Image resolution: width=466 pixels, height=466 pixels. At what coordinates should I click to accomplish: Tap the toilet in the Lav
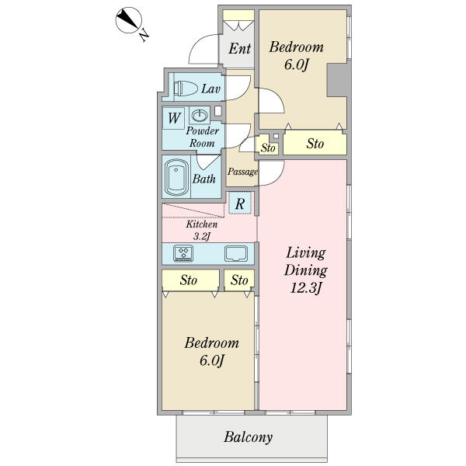click(x=186, y=89)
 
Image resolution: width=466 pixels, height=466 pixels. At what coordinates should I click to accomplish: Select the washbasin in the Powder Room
click(x=199, y=115)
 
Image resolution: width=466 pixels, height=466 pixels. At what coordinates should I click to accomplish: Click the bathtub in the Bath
click(x=176, y=177)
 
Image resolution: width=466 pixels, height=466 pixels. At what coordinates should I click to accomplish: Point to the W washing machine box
click(x=173, y=118)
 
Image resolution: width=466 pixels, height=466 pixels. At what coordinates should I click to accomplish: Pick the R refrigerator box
click(x=240, y=203)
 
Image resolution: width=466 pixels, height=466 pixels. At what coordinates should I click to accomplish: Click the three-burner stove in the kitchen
click(x=183, y=253)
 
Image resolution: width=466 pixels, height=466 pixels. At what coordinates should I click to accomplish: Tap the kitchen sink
click(x=236, y=253)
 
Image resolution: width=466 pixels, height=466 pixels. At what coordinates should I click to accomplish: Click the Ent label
click(x=239, y=49)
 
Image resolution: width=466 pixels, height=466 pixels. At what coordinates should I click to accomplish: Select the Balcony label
click(x=248, y=437)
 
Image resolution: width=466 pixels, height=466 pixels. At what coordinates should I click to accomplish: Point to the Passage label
click(x=242, y=172)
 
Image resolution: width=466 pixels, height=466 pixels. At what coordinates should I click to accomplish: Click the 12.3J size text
click(x=305, y=287)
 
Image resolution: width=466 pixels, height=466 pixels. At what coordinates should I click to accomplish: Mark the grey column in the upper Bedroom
click(x=338, y=80)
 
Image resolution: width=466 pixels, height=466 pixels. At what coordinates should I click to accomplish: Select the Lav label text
click(x=210, y=89)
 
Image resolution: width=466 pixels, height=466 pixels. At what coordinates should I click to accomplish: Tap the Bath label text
click(x=203, y=179)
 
